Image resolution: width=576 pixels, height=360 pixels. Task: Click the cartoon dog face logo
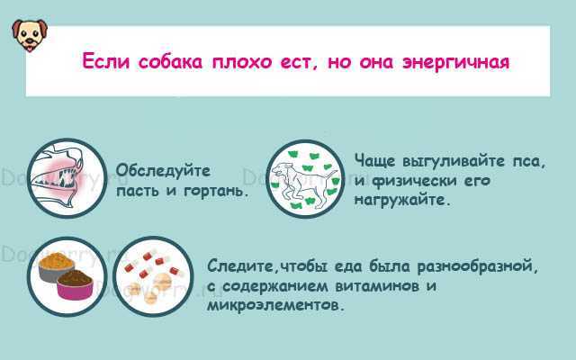tap(30, 35)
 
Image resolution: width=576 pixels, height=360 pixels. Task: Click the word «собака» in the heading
tap(170, 62)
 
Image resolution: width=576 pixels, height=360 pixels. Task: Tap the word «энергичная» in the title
tap(456, 62)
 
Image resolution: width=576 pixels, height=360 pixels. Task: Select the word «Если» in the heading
tap(106, 61)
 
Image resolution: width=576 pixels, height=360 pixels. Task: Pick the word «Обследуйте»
tap(163, 171)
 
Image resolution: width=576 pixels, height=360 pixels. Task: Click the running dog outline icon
tap(305, 178)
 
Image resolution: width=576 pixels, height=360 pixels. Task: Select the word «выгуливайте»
tap(454, 162)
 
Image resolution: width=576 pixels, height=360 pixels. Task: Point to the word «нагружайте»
tap(402, 201)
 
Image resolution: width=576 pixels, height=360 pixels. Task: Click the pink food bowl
tap(75, 285)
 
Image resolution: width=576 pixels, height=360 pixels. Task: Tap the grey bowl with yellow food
tap(55, 266)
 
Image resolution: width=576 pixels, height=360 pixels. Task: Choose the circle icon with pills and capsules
tap(153, 276)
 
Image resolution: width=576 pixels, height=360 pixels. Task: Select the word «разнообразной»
tap(477, 266)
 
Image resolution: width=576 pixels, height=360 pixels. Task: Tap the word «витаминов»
tap(377, 286)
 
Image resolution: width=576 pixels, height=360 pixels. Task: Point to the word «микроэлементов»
tap(276, 306)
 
